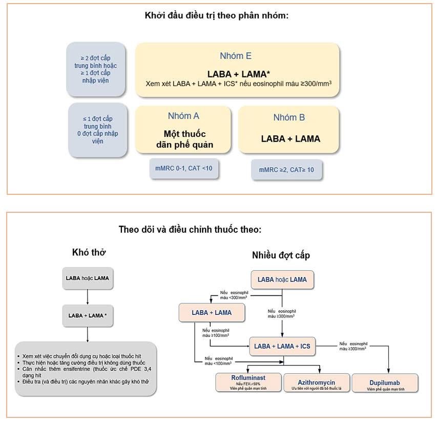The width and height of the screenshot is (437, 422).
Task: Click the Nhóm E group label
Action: (x=236, y=56)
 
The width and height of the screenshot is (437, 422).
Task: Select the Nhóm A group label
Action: (x=183, y=116)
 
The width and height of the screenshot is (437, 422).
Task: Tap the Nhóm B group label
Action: (x=289, y=117)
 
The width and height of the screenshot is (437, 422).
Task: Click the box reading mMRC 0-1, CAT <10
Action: (x=184, y=168)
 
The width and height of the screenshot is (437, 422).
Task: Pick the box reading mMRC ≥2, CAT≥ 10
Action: (x=286, y=169)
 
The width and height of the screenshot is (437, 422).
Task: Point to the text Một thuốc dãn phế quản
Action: (x=184, y=139)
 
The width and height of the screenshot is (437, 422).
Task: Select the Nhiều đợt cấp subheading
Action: (x=281, y=255)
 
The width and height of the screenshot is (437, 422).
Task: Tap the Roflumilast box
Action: (x=247, y=382)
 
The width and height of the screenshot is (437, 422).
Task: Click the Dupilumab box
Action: (x=385, y=383)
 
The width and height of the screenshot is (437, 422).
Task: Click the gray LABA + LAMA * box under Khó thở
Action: (x=88, y=315)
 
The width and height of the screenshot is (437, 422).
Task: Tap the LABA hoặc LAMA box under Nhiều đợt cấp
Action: (x=282, y=279)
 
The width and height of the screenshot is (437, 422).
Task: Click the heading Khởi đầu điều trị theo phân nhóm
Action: (x=217, y=15)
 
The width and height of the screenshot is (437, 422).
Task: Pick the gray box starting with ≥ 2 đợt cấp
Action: (x=95, y=69)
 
